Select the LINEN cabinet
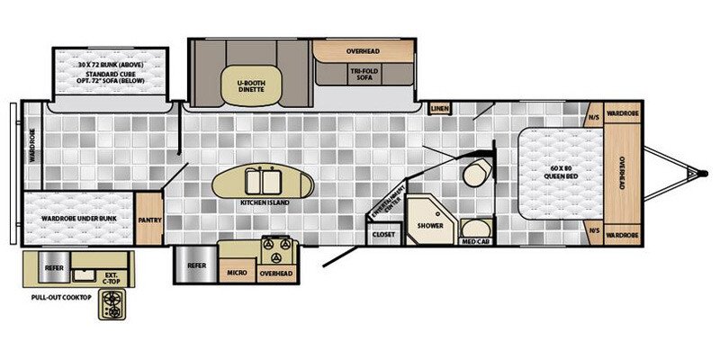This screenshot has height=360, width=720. (x=440, y=109)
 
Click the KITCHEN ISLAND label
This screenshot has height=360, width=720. (x=262, y=203)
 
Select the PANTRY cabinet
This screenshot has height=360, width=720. (x=148, y=217)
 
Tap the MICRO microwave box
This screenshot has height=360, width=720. (x=237, y=271)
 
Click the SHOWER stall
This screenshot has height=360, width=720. (x=429, y=225)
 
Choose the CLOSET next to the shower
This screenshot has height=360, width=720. (x=382, y=235)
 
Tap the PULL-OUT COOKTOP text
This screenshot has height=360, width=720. (x=61, y=297)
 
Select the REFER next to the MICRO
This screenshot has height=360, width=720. (x=196, y=266)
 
